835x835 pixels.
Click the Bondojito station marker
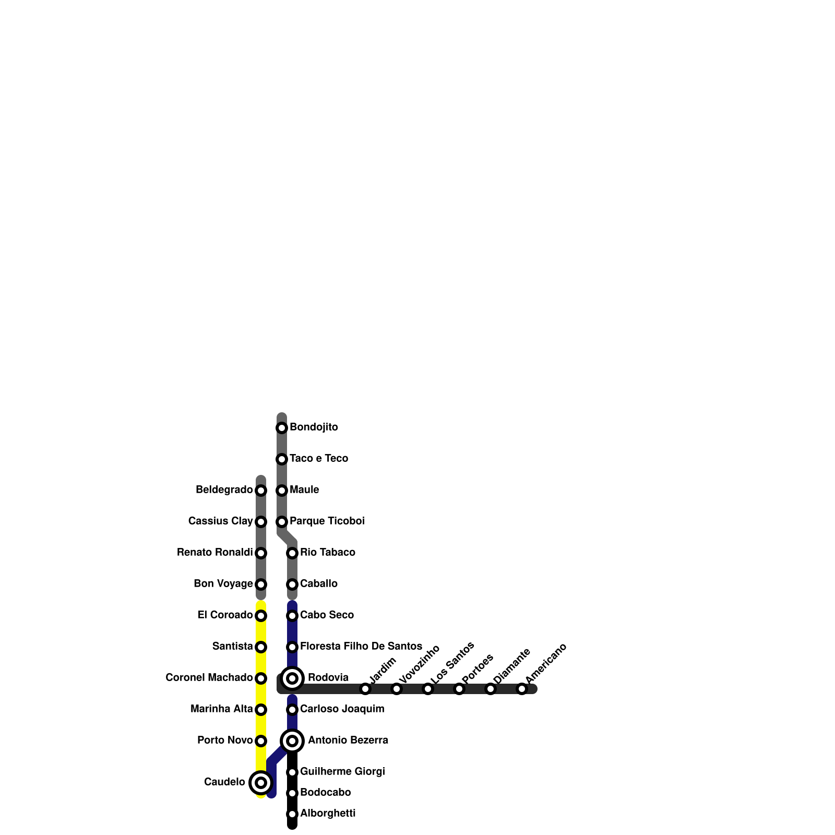click(x=282, y=428)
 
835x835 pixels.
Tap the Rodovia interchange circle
click(x=292, y=678)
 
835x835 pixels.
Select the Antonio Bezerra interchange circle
click(x=292, y=741)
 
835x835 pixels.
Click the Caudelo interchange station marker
click(x=261, y=783)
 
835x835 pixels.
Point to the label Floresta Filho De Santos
click(x=361, y=647)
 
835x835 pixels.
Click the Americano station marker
click(x=522, y=689)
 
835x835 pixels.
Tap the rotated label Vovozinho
click(x=419, y=664)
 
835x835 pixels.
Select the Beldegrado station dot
click(x=261, y=491)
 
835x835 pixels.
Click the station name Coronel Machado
click(x=209, y=678)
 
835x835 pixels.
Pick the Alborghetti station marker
click(x=292, y=814)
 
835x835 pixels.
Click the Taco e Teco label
click(x=319, y=459)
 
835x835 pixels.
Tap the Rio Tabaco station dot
click(x=292, y=553)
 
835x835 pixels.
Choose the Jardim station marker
click(x=365, y=689)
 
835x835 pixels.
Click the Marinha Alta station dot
click(x=261, y=710)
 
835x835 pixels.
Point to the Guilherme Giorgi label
click(x=342, y=772)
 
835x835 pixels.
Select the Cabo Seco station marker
click(x=292, y=616)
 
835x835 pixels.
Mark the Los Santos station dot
click(x=428, y=689)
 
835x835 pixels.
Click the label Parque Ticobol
click(x=327, y=521)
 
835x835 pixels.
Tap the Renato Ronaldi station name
click(x=215, y=553)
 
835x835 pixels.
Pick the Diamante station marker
click(x=491, y=689)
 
